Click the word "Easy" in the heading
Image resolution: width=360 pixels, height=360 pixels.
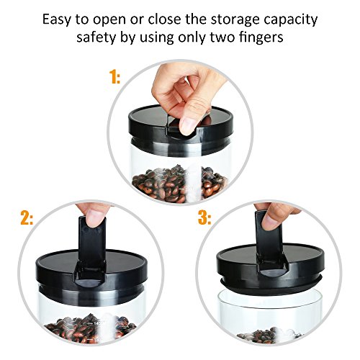(57, 19)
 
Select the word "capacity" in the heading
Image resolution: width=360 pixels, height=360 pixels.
(291, 19)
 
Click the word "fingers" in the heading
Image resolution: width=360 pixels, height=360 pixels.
(261, 37)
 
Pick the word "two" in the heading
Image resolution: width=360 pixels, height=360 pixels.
(222, 37)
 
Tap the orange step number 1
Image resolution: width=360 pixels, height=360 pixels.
(114, 77)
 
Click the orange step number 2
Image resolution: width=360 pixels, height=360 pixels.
(27, 218)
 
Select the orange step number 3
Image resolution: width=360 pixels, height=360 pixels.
(204, 218)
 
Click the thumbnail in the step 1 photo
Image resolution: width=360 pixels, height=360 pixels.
(188, 126)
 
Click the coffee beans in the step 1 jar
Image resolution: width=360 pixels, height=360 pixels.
(179, 184)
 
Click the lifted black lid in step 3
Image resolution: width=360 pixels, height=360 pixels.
(270, 269)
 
